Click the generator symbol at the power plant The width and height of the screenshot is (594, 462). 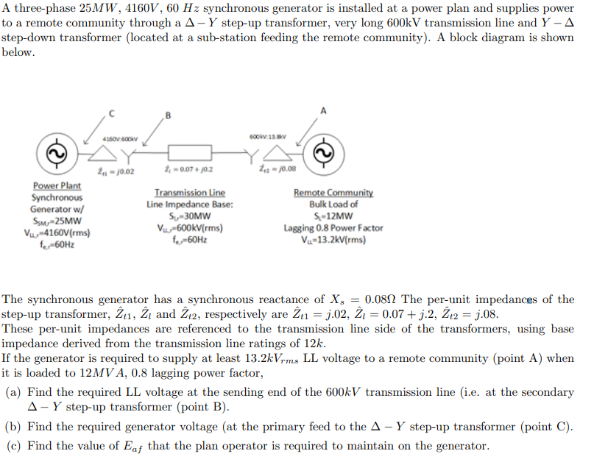click(x=53, y=153)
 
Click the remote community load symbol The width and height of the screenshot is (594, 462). click(x=321, y=153)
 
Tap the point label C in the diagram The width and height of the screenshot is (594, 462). click(x=111, y=113)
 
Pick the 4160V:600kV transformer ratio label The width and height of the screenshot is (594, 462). click(x=118, y=139)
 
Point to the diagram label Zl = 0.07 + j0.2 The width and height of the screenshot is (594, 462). click(x=190, y=171)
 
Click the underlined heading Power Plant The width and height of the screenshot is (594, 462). click(x=57, y=187)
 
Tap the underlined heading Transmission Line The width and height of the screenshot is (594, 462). click(x=190, y=193)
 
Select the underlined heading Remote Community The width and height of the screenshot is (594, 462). click(x=333, y=193)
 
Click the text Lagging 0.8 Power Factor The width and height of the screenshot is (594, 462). click(x=333, y=228)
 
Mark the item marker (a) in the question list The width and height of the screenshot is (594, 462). click(x=13, y=392)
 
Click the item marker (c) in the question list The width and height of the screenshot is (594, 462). click(x=13, y=446)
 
